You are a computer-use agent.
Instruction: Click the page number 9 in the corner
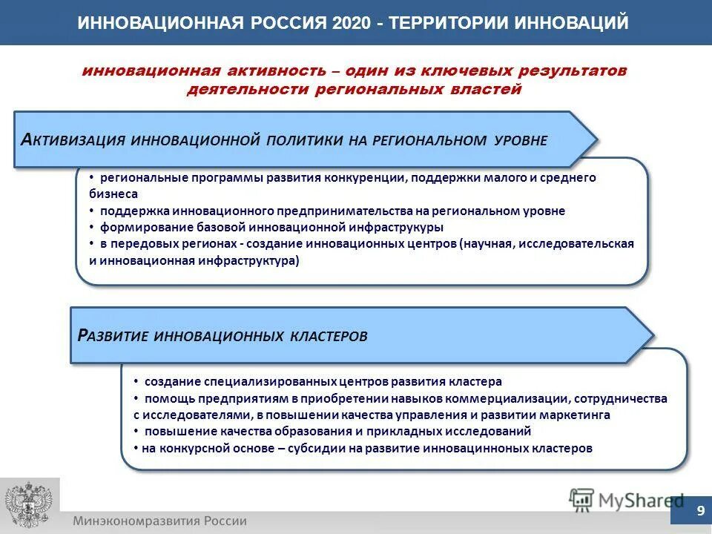pos(699,511)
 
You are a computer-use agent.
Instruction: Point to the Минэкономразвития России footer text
pos(159,521)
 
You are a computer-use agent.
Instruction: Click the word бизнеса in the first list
pos(113,194)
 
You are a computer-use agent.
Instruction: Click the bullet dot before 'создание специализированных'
pos(136,381)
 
